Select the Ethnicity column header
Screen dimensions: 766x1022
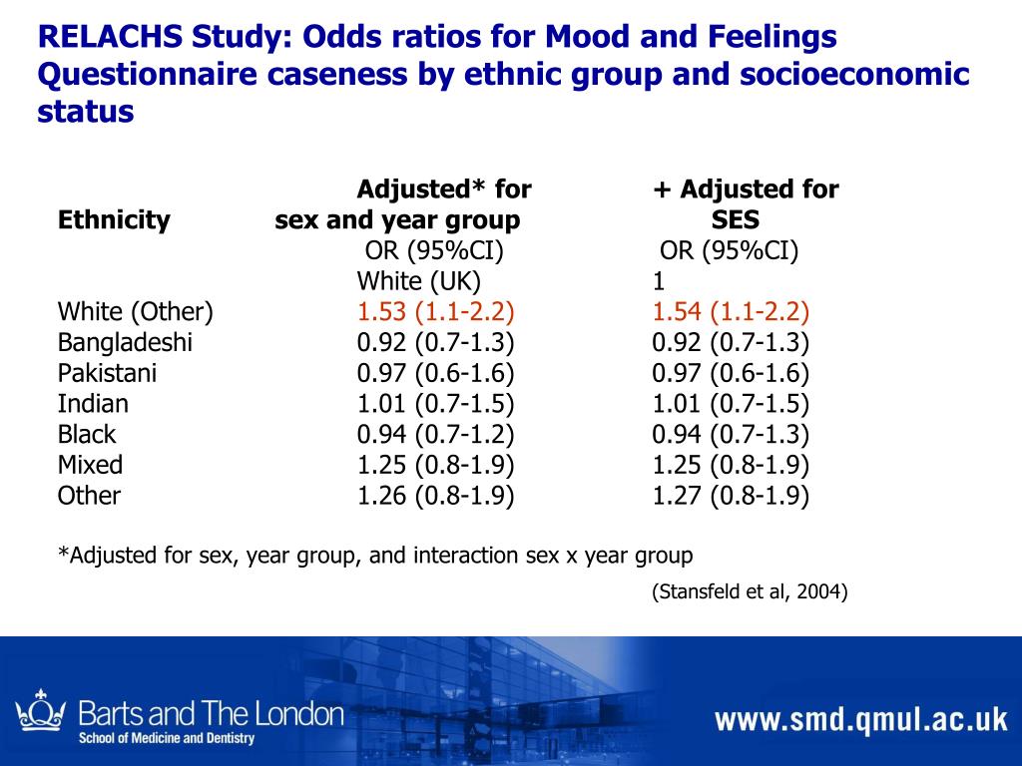pos(114,219)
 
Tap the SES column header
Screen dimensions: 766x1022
pos(736,219)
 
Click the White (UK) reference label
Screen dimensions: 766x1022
pos(419,280)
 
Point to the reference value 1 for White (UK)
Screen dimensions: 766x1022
pos(659,280)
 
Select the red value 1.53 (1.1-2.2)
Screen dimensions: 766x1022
pos(436,312)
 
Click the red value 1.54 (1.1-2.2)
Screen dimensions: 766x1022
pos(731,312)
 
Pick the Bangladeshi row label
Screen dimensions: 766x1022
pos(125,343)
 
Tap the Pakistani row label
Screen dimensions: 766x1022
pos(107,374)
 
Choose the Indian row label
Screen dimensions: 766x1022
pos(93,404)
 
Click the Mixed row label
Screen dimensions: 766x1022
pos(90,465)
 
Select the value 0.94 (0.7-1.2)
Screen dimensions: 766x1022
pos(436,435)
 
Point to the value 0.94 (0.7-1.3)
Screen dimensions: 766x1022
pos(731,435)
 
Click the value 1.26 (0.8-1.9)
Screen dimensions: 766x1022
pos(436,496)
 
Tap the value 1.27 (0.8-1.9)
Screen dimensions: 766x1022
pos(731,496)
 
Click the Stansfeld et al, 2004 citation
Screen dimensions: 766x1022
pos(750,592)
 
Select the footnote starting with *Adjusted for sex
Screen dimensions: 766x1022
pos(374,555)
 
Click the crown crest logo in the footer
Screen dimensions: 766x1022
pos(41,710)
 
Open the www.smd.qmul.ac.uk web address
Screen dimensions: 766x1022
pos(860,720)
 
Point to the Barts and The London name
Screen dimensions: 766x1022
pos(211,714)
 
